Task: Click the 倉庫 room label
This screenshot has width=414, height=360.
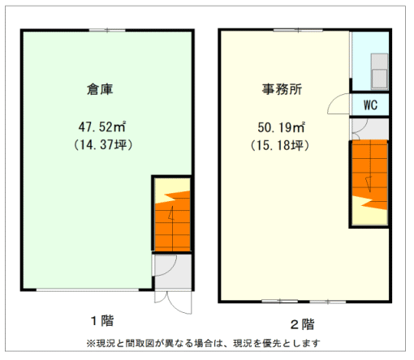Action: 100,89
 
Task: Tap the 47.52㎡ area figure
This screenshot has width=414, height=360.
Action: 102,127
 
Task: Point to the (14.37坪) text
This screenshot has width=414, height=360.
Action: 103,145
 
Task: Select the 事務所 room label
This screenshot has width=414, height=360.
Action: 282,89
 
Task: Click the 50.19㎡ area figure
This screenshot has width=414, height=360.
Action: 282,127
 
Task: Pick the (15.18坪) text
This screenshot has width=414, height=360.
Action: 280,145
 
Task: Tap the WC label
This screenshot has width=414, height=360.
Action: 370,105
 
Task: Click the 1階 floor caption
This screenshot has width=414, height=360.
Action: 102,321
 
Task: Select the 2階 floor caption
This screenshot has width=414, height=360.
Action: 303,324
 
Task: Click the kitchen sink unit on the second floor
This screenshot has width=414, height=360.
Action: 379,71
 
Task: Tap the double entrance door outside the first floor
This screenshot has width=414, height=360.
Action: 173,302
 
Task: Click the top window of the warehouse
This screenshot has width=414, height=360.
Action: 107,30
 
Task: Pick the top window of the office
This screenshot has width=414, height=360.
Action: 298,30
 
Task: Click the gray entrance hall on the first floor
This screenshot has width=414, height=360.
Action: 173,272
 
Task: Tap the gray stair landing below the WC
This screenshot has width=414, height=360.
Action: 369,129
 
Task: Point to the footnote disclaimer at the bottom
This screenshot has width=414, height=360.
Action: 203,343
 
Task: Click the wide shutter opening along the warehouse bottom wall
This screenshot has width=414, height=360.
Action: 88,290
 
